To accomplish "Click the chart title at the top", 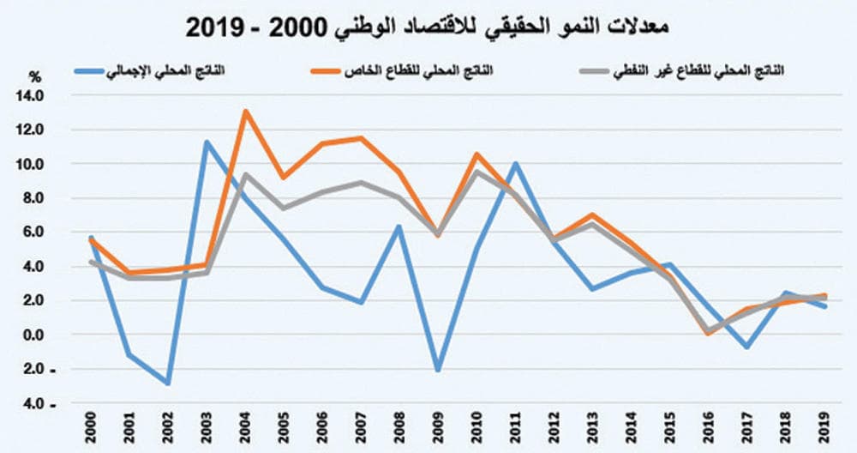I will pos(428,25).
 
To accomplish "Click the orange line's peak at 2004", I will pos(246,111).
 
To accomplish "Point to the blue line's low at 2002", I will pos(169,384).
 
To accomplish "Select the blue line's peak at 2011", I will pos(516,163).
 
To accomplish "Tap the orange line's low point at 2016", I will pos(708,334).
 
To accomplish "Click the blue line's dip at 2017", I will pos(746,347).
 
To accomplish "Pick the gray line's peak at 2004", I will pos(246,174).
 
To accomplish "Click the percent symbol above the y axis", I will pos(35,76).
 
